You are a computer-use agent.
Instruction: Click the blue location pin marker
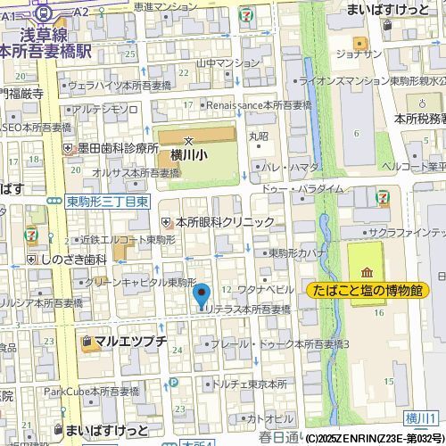pyautogui.click(x=202, y=295)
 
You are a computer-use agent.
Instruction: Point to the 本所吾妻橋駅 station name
pyautogui.click(x=46, y=54)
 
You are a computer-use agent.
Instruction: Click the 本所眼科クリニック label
pyautogui.click(x=224, y=222)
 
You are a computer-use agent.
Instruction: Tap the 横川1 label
pyautogui.click(x=418, y=419)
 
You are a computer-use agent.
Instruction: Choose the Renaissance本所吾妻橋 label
pyautogui.click(x=260, y=104)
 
